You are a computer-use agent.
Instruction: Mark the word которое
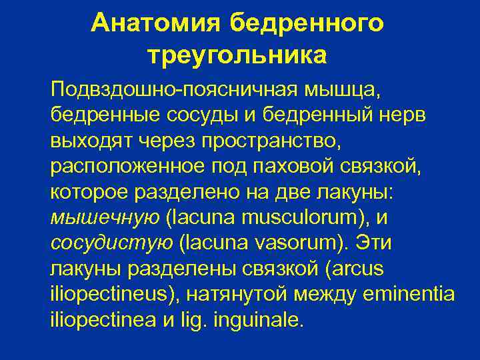click(90, 191)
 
